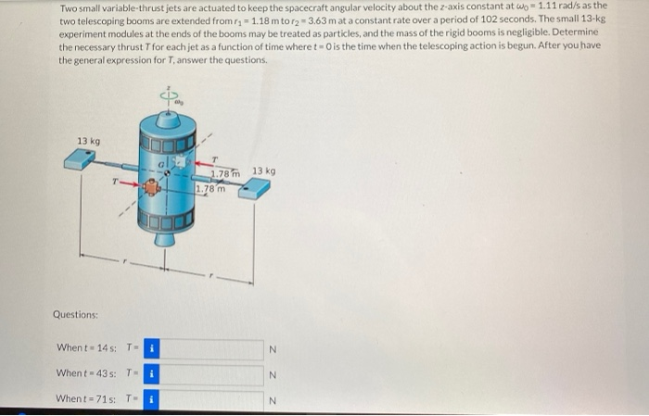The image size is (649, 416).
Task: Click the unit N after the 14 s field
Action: click(272, 349)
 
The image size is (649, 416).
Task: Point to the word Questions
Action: click(76, 314)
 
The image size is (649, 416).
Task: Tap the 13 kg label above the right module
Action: click(263, 171)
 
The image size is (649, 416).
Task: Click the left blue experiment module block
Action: click(81, 160)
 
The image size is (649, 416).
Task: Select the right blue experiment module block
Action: click(254, 188)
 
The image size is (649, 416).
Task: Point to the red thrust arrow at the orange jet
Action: click(130, 184)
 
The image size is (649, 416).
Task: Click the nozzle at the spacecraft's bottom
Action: click(165, 240)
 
